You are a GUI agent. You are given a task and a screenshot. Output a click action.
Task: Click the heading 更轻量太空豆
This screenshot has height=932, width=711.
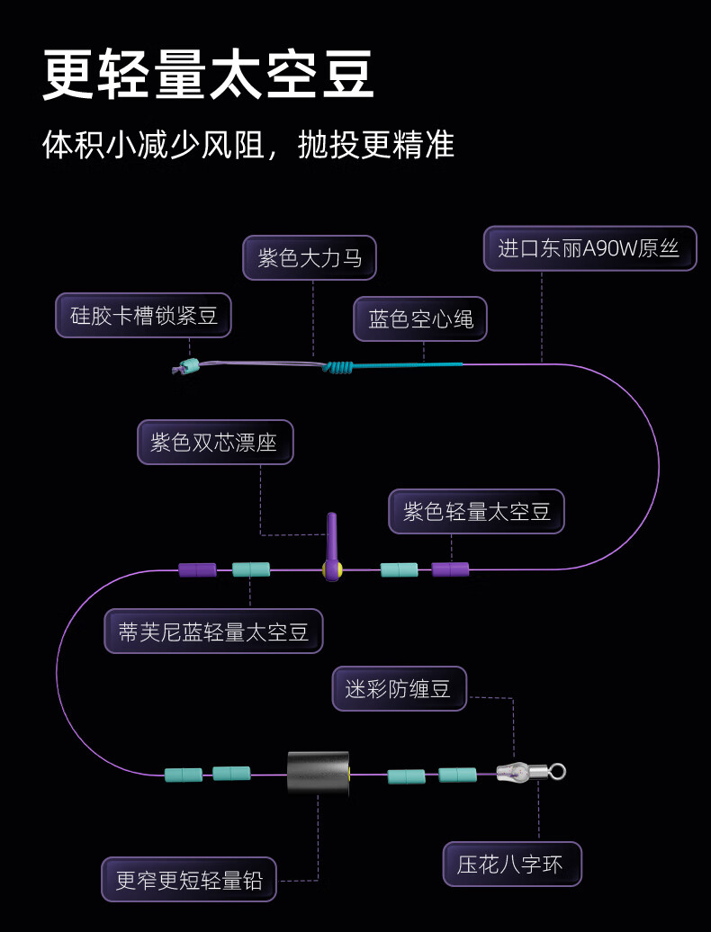pyautogui.click(x=208, y=76)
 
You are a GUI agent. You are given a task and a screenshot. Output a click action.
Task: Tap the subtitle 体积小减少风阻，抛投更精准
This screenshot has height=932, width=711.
pyautogui.click(x=248, y=145)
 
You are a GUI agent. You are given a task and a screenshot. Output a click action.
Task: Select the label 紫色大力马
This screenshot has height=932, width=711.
pyautogui.click(x=310, y=258)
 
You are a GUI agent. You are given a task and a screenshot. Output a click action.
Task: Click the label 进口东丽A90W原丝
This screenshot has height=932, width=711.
pyautogui.click(x=589, y=248)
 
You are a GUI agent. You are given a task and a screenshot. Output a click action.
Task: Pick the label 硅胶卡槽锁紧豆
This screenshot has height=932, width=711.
pyautogui.click(x=144, y=316)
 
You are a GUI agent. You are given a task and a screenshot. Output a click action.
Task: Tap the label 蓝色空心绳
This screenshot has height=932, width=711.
pyautogui.click(x=420, y=318)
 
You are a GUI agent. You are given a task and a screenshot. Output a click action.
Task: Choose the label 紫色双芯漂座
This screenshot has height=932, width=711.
pyautogui.click(x=215, y=443)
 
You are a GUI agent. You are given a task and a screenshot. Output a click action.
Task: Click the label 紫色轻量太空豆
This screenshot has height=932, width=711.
pyautogui.click(x=476, y=512)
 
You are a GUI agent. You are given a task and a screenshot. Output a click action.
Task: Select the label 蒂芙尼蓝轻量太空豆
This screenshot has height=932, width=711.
pyautogui.click(x=213, y=632)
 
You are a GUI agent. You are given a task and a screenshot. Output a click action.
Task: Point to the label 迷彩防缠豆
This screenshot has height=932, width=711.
pyautogui.click(x=399, y=689)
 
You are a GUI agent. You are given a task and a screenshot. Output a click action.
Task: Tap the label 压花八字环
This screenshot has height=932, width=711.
pyautogui.click(x=512, y=865)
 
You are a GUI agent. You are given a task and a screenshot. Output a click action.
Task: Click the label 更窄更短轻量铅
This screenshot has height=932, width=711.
pyautogui.click(x=189, y=879)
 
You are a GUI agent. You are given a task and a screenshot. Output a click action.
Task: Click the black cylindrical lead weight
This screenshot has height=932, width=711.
pyautogui.click(x=318, y=773)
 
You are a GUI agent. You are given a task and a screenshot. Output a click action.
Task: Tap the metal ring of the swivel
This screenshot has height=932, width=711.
pyautogui.click(x=557, y=771)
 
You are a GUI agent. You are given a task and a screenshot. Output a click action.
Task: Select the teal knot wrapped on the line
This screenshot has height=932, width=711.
pyautogui.click(x=339, y=366)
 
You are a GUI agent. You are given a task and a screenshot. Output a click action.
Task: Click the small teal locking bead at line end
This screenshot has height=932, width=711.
pyautogui.click(x=188, y=366)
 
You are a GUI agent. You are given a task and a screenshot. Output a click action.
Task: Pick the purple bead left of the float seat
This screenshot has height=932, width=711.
pyautogui.click(x=197, y=569)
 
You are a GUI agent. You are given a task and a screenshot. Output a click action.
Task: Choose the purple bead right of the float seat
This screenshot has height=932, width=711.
pyautogui.click(x=450, y=569)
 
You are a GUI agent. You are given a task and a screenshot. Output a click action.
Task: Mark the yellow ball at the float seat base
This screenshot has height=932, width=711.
pyautogui.click(x=332, y=569)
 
